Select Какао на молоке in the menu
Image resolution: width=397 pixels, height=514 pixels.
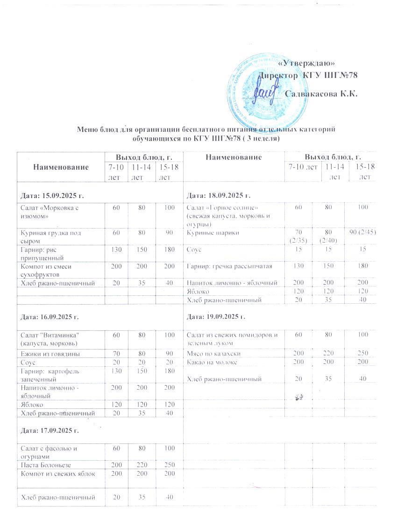[211, 362]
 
